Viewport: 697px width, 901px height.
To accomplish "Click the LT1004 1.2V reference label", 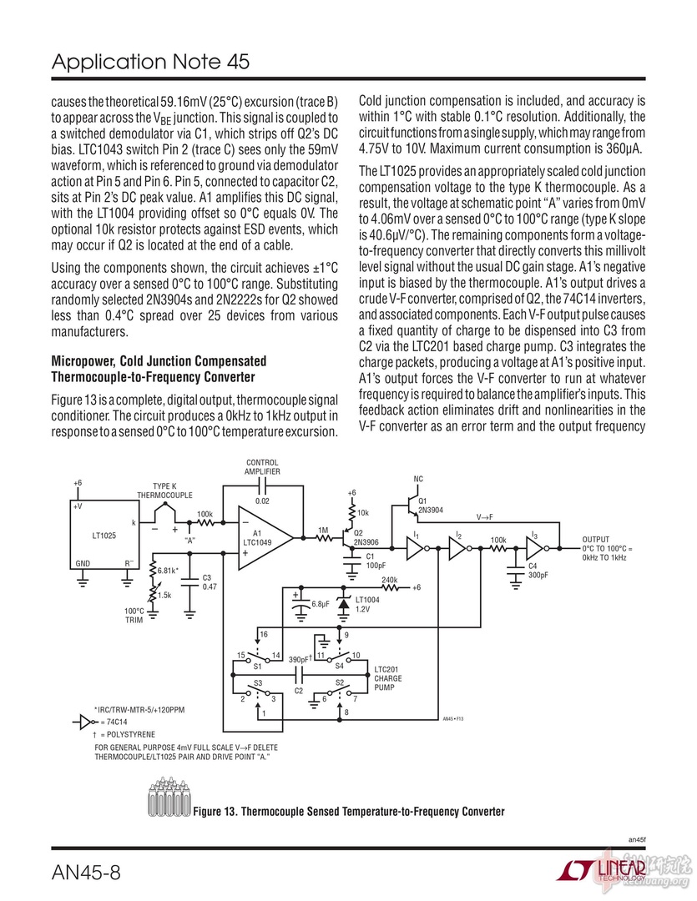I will pos(367,604).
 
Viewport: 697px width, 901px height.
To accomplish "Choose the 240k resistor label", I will pos(389,579).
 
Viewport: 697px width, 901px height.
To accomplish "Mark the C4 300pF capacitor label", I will pos(538,571).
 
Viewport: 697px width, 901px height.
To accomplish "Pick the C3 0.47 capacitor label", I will pos(209,582).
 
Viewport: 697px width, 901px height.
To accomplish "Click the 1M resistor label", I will pos(323,530).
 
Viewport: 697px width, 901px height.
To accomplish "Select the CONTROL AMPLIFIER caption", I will pos(263,466).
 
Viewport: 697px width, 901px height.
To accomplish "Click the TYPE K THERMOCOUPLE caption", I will pos(164,491).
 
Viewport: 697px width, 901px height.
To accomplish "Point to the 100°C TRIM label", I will pos(134,616).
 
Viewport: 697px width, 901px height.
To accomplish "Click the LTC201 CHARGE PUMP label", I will pos(388,678).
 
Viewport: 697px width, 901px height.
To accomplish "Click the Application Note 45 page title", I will pos(150,63).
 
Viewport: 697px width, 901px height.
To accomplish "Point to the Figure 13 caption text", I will pos(349,811).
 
